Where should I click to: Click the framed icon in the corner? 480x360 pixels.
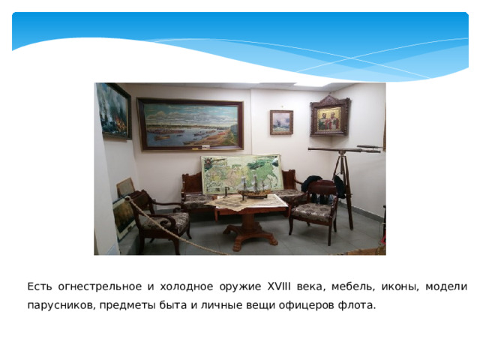pos(330,115)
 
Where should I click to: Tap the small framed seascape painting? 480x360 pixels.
pos(281,122)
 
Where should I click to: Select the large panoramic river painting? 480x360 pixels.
pos(190,124)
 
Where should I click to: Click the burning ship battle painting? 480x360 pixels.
pos(113,111)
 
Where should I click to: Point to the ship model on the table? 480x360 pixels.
pos(254,187)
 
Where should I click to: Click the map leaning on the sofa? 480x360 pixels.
pos(241,174)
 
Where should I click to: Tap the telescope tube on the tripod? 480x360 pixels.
pos(345,150)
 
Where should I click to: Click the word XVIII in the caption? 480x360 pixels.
pos(278,286)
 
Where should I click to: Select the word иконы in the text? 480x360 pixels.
pos(400,287)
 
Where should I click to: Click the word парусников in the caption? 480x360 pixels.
pos(60,305)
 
